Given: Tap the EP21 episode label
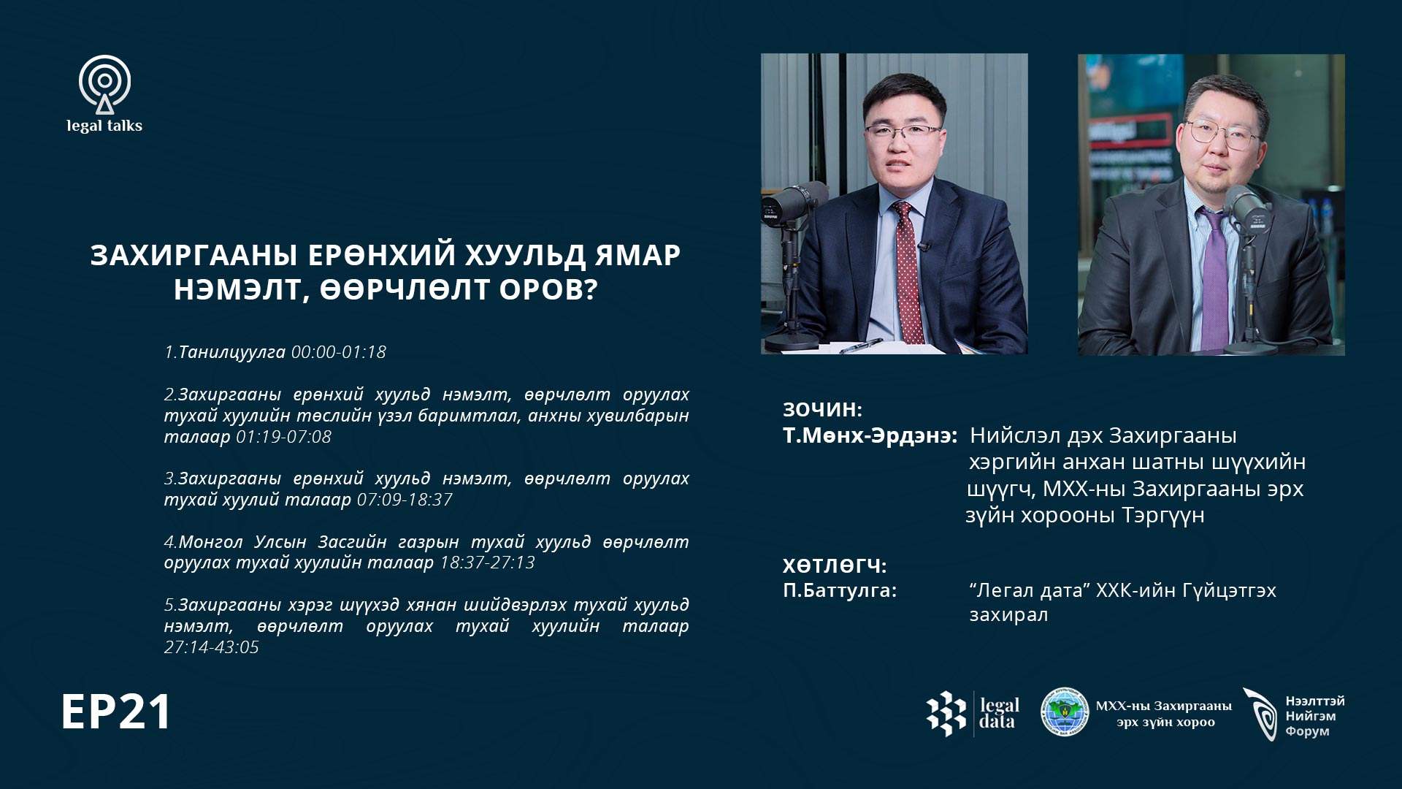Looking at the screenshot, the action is [x=116, y=712].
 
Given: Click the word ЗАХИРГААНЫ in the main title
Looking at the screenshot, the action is [x=194, y=255].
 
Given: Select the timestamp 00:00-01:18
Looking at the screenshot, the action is [x=339, y=352].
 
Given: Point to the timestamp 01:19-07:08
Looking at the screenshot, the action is [x=283, y=437].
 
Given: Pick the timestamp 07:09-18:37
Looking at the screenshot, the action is [x=405, y=500].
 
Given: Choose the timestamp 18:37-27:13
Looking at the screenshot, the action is [x=487, y=563].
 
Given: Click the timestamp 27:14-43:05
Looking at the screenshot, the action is [x=211, y=647].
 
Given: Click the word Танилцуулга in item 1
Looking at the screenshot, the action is [x=231, y=352].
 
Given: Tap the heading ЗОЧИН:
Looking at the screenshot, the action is [x=822, y=410].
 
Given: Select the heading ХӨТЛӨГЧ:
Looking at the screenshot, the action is [x=835, y=565].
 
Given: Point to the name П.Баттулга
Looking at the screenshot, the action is [x=839, y=590].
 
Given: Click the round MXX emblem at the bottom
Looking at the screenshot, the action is [x=1065, y=712].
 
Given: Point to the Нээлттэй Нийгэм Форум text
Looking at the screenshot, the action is [x=1314, y=716].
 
